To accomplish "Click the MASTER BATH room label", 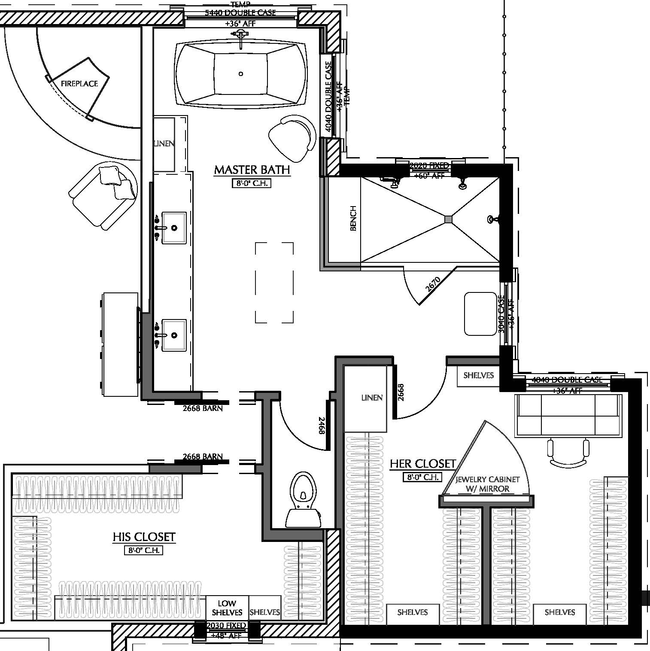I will click(x=252, y=170).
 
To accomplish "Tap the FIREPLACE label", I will click(x=79, y=84).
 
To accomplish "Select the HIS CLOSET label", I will click(x=144, y=537).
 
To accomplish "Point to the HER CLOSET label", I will click(x=422, y=464).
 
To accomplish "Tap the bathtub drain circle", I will click(x=241, y=74).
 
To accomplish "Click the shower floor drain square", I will click(x=449, y=219).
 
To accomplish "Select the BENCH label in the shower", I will click(x=353, y=219).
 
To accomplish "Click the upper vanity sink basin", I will click(x=174, y=228).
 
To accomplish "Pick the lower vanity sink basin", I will click(x=174, y=335).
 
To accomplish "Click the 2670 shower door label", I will click(x=433, y=285).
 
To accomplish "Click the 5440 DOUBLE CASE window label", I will click(x=240, y=13).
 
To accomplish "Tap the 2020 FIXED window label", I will click(x=429, y=166).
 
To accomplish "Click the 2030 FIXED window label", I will click(x=226, y=625).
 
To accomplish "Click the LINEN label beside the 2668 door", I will click(x=372, y=398).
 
